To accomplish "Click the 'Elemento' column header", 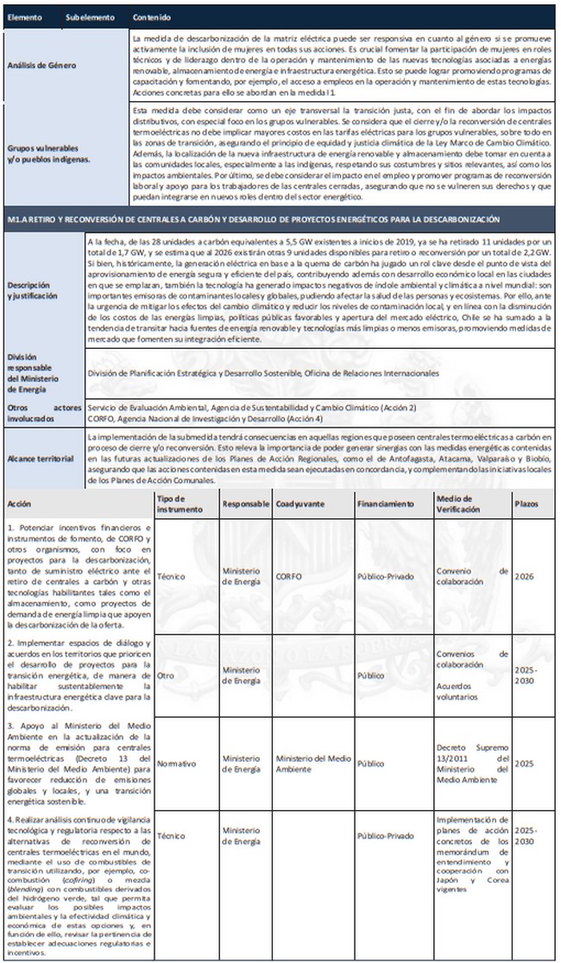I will click(x=24, y=17).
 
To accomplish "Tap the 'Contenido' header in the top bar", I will click(x=151, y=17).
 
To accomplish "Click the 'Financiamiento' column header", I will click(x=385, y=503).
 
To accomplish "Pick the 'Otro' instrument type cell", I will click(x=166, y=675).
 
